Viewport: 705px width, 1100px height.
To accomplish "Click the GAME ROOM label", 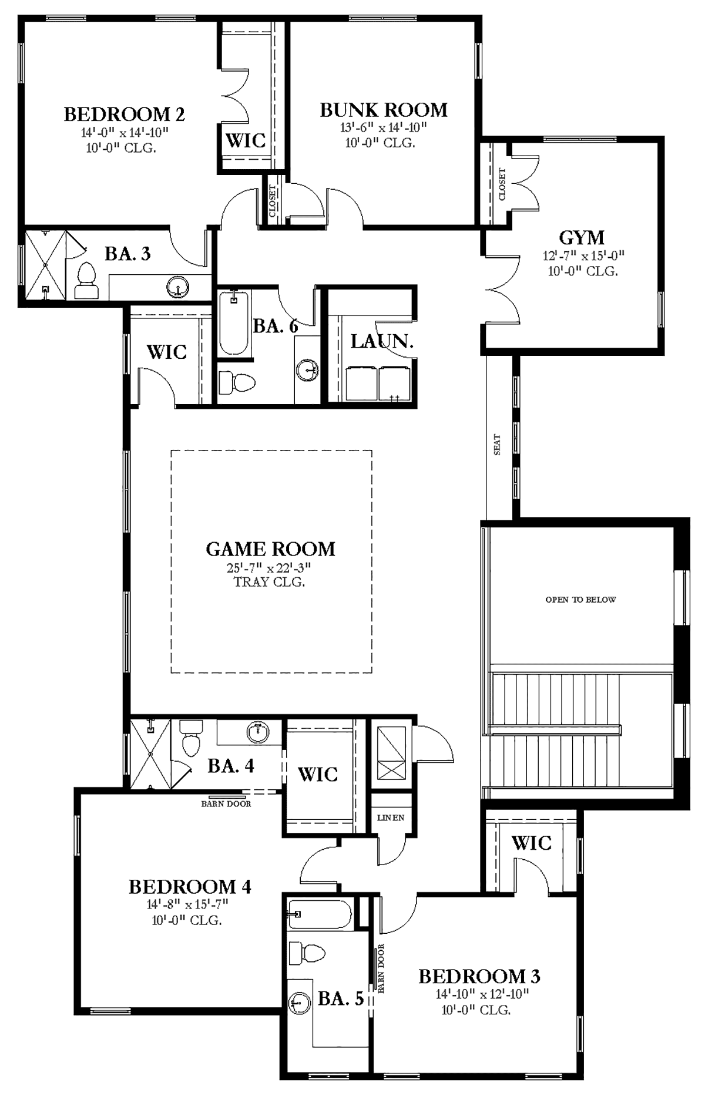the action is pyautogui.click(x=270, y=549).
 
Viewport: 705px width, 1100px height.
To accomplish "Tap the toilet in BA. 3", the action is pyautogui.click(x=86, y=281).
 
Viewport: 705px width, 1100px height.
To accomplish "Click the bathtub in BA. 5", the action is pyautogui.click(x=320, y=915).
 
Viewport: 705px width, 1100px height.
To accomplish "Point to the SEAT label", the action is pyautogui.click(x=498, y=445).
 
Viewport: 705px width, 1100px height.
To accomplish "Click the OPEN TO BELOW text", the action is pyautogui.click(x=580, y=600).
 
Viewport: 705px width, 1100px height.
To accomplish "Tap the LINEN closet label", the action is pyautogui.click(x=391, y=818).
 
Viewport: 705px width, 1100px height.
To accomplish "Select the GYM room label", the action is pyautogui.click(x=582, y=237).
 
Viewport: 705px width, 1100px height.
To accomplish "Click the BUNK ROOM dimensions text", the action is pyautogui.click(x=383, y=127).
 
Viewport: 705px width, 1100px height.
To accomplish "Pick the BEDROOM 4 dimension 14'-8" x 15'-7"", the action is pyautogui.click(x=187, y=904).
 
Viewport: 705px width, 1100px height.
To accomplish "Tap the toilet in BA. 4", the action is pyautogui.click(x=192, y=739).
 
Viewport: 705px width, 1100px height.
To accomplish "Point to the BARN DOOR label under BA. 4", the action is pyautogui.click(x=226, y=804).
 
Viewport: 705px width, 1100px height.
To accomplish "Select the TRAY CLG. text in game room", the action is pyautogui.click(x=270, y=582).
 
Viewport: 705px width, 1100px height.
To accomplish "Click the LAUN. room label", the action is pyautogui.click(x=382, y=341).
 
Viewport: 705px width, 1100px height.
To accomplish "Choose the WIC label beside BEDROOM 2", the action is pyautogui.click(x=246, y=140).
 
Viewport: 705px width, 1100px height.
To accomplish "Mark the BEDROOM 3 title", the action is pyautogui.click(x=479, y=976).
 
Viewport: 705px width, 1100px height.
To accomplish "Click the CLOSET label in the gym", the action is pyautogui.click(x=502, y=184).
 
